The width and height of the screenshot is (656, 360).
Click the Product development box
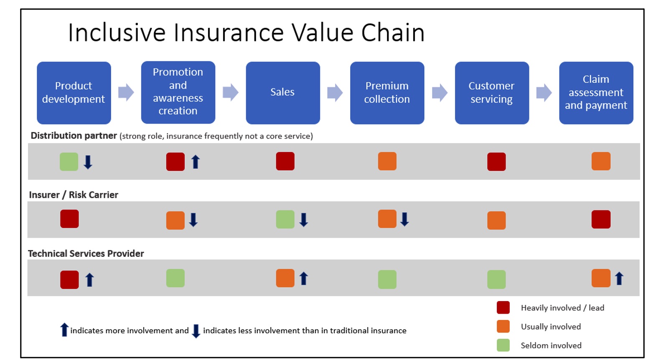[74, 93]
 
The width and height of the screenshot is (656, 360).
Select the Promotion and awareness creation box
[178, 92]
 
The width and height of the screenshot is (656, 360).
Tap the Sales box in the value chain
[283, 93]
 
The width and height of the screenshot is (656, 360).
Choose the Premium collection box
[387, 93]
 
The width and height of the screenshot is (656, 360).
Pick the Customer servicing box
[492, 93]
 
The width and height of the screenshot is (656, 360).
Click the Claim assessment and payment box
[596, 93]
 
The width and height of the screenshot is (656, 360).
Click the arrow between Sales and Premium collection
[335, 92]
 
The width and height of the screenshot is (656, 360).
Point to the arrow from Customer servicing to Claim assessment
[544, 92]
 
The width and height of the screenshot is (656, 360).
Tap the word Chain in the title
[393, 33]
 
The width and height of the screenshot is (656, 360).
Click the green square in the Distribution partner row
[69, 162]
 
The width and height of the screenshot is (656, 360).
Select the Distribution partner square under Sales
[285, 161]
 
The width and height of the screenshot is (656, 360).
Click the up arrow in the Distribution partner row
[196, 162]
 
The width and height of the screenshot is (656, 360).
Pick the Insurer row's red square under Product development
[69, 219]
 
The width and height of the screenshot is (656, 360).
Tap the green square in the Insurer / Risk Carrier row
[285, 219]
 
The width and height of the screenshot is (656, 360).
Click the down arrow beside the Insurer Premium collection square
[404, 219]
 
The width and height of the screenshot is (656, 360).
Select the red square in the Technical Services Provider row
[69, 280]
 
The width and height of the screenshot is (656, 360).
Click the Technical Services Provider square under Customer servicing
[496, 279]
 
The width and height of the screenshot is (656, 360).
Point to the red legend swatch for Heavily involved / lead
[503, 308]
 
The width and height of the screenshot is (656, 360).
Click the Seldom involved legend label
[551, 346]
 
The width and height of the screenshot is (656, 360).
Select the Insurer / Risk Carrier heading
[74, 195]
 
